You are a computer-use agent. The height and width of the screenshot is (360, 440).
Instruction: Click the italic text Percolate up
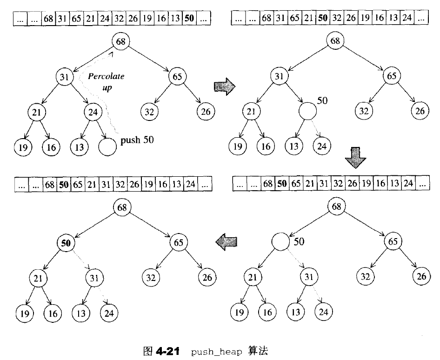pyautogui.click(x=106, y=81)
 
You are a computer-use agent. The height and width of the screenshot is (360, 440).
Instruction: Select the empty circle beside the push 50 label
pyautogui.click(x=107, y=146)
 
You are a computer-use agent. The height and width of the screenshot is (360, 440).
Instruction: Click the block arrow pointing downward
pyautogui.click(x=356, y=159)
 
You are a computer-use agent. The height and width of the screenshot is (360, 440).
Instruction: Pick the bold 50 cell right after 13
pyautogui.click(x=190, y=19)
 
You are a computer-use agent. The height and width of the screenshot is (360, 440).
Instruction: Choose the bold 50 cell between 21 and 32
pyautogui.click(x=322, y=19)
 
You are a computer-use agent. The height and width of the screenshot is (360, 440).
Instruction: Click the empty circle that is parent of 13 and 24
pyautogui.click(x=307, y=111)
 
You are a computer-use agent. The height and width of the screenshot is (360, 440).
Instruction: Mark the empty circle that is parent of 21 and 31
pyautogui.click(x=280, y=242)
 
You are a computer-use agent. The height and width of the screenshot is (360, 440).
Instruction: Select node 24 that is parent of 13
pyautogui.click(x=93, y=111)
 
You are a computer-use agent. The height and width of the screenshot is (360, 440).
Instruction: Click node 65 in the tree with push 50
pyautogui.click(x=177, y=76)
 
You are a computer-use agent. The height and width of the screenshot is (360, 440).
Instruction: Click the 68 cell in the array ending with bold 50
pyautogui.click(x=48, y=19)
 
